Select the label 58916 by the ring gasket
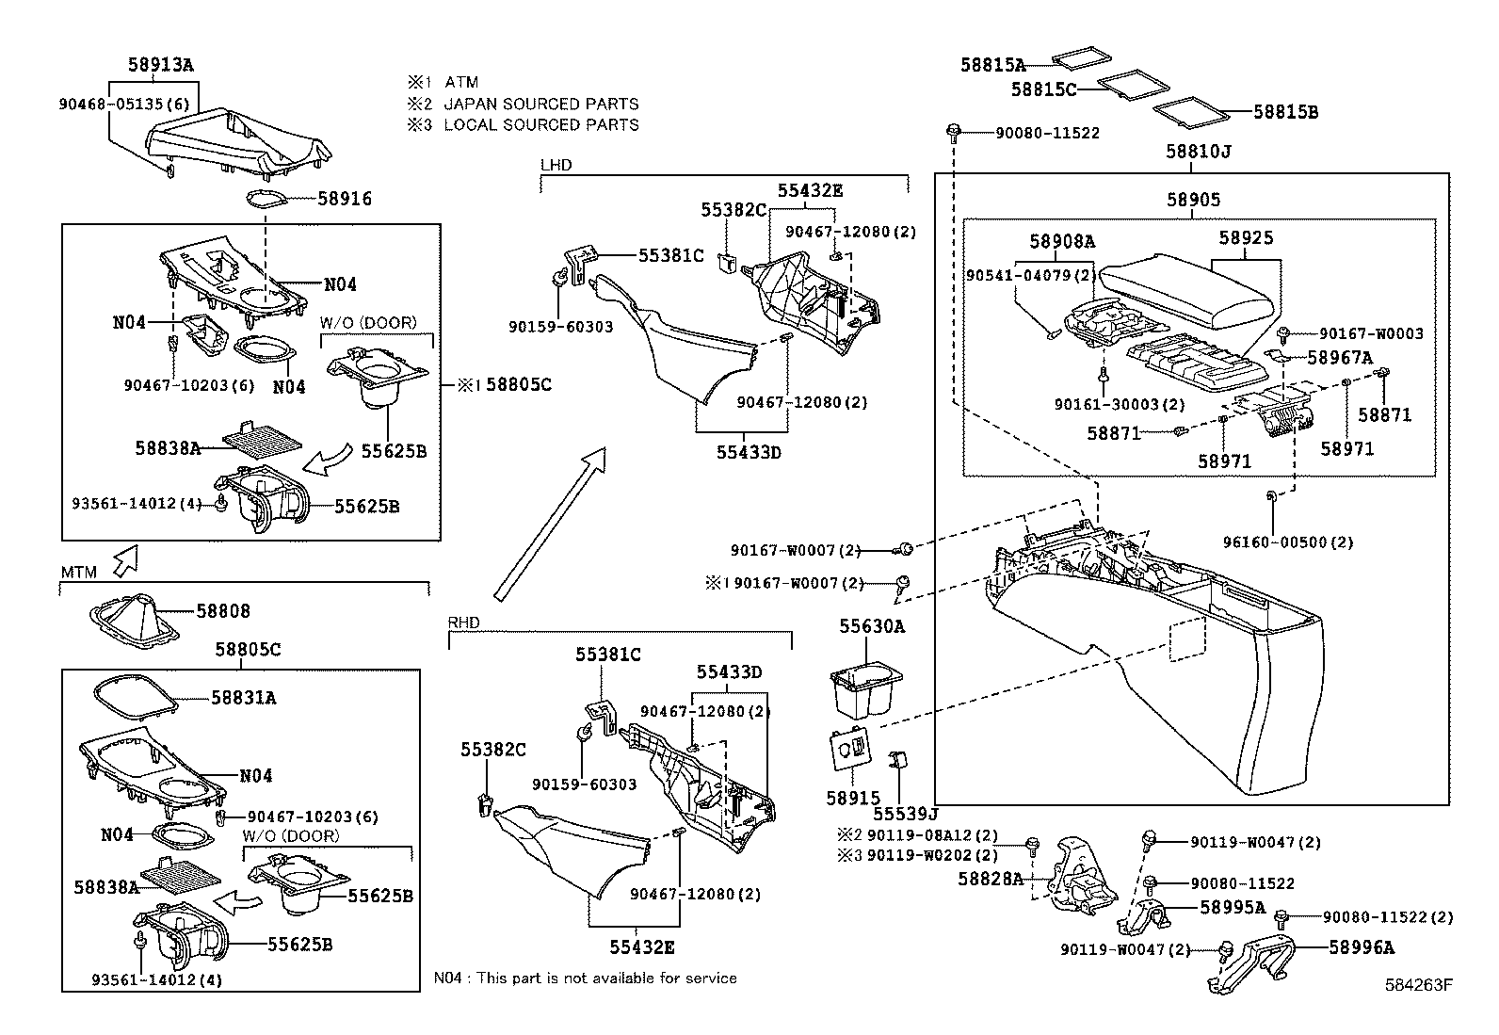[345, 199]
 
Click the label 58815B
[1285, 112]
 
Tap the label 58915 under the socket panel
[853, 798]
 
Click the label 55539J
[906, 813]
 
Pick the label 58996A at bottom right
[1362, 948]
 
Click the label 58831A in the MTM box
[243, 698]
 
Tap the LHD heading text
[556, 165]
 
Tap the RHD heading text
[463, 623]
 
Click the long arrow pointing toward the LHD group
[549, 523]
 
